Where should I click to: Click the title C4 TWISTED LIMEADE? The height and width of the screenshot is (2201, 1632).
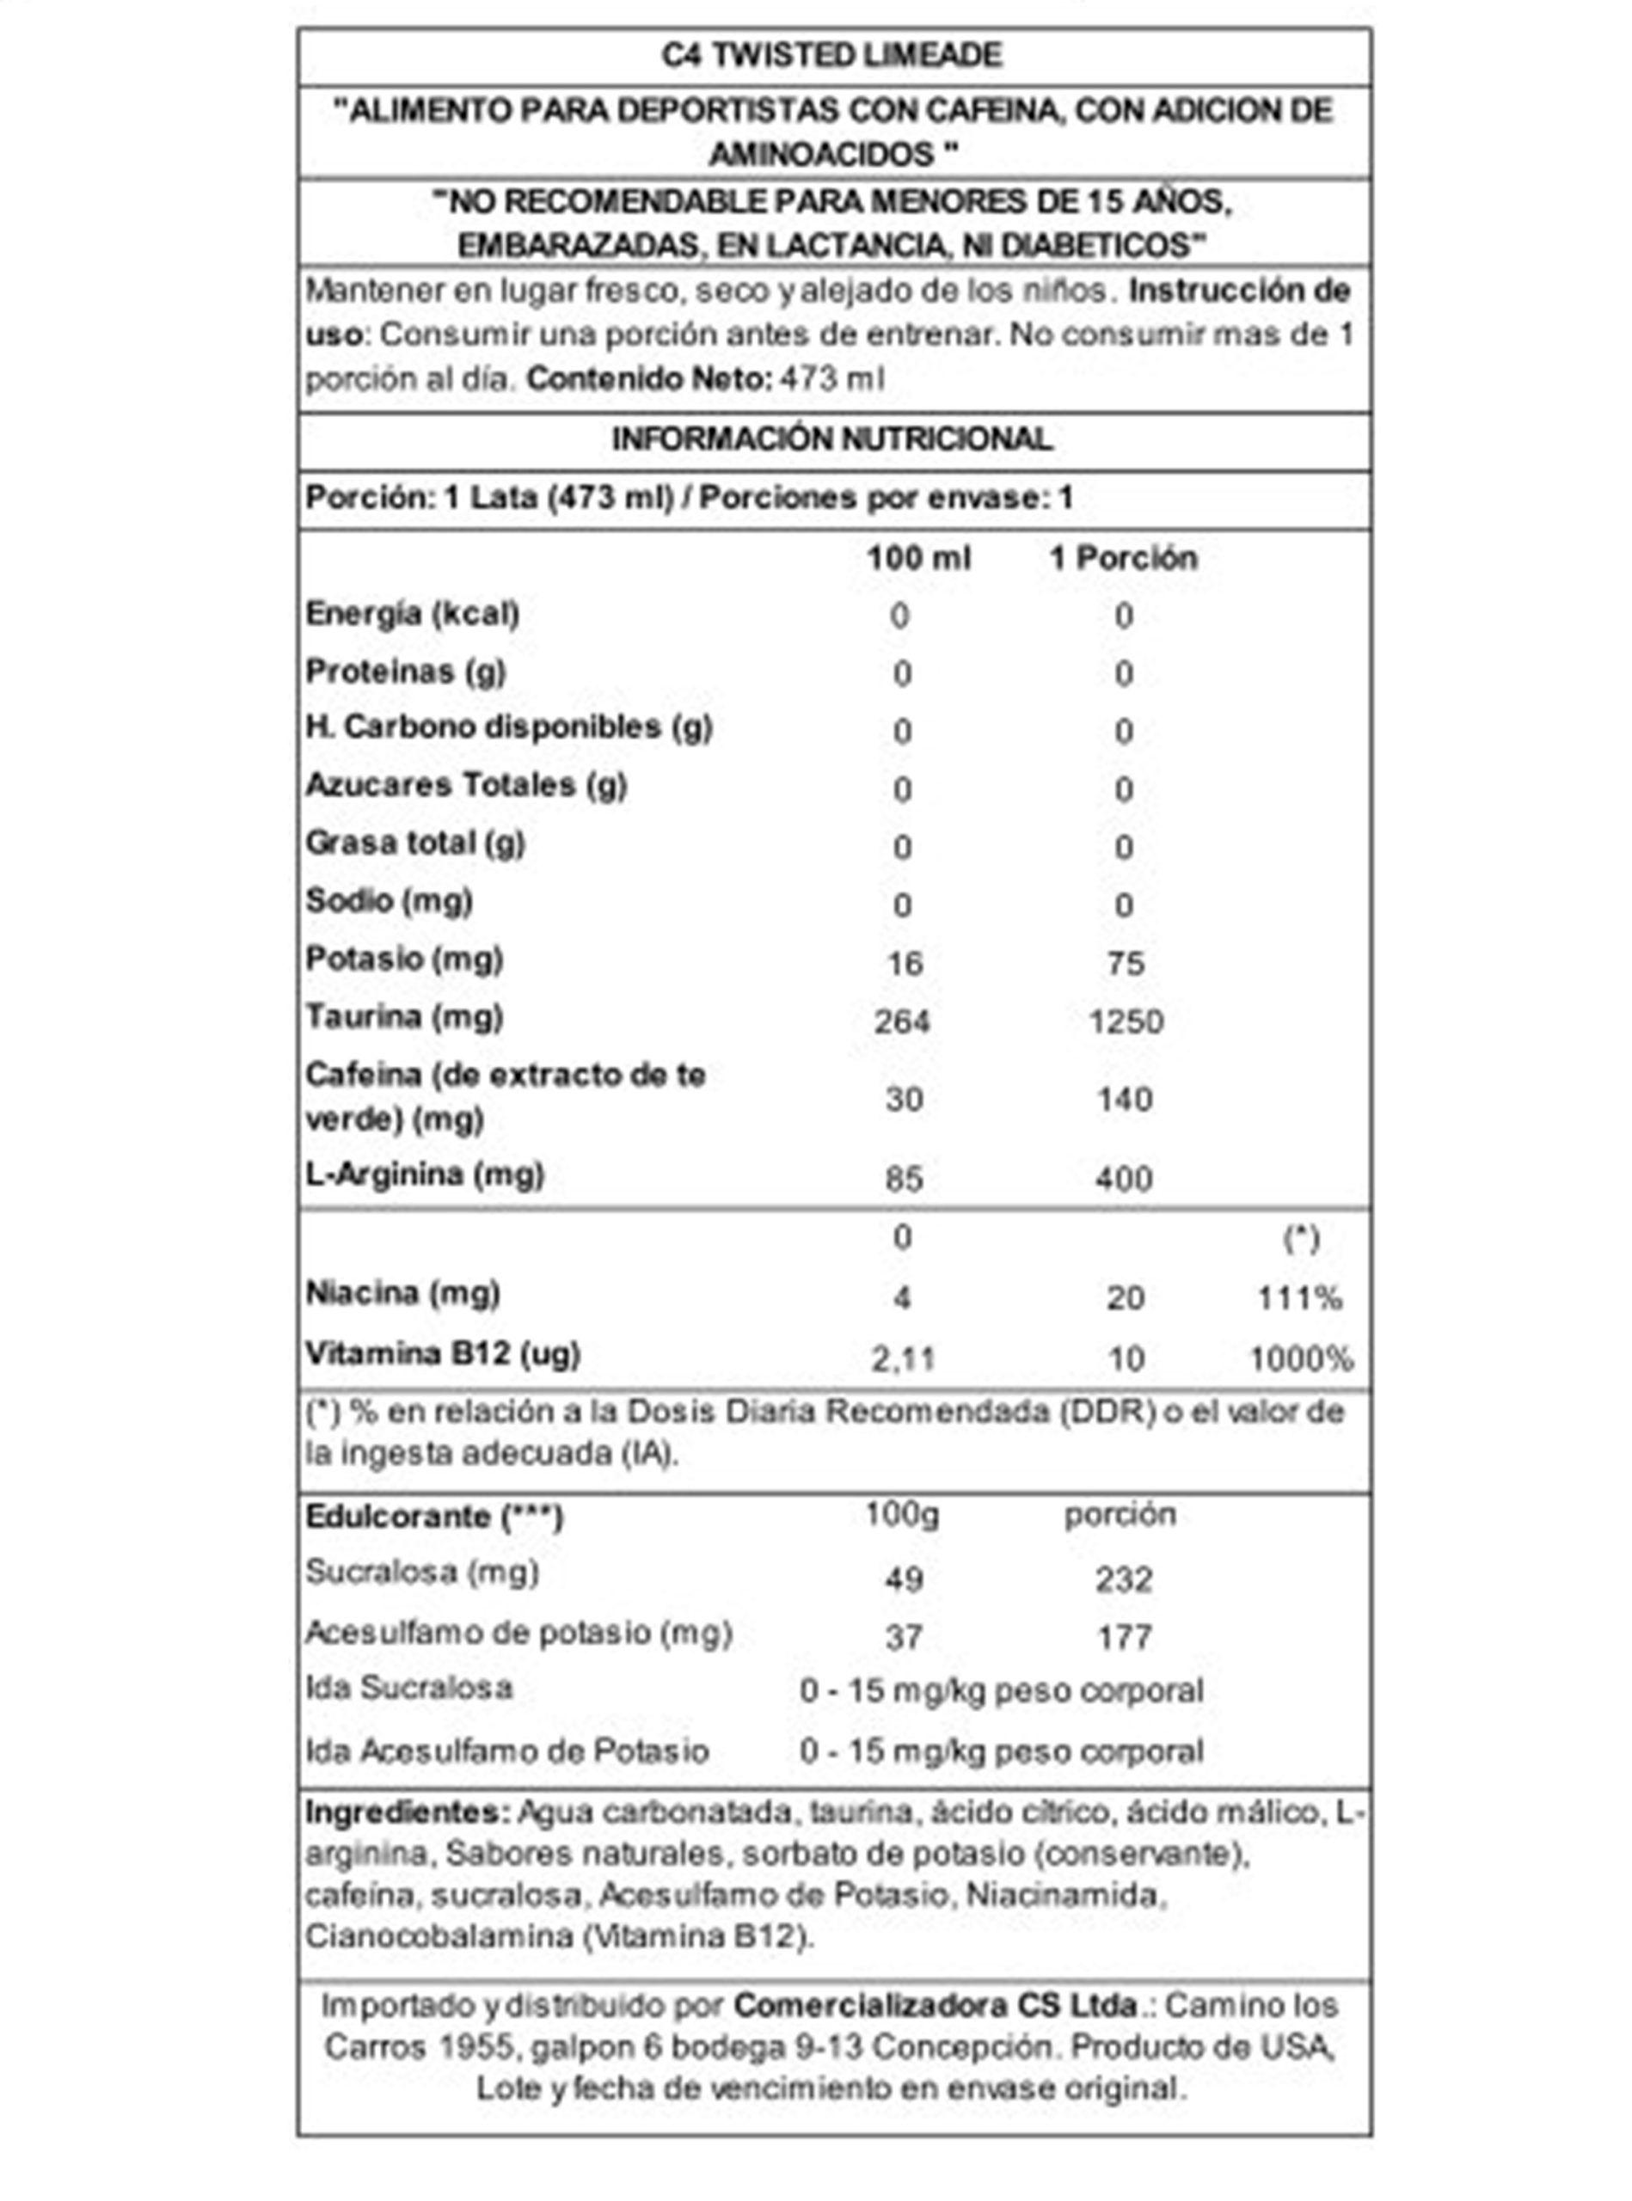point(831,55)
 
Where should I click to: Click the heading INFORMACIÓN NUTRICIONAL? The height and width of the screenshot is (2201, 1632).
point(831,438)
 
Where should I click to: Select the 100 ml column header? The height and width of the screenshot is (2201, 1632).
point(918,558)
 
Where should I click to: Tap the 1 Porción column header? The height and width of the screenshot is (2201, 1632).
point(1123,558)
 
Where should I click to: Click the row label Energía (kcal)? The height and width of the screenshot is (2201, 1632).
point(412,614)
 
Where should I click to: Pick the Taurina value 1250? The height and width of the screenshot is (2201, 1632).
point(1126,1021)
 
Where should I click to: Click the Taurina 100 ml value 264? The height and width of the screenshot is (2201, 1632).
point(902,1021)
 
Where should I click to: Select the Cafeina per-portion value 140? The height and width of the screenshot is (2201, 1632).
point(1124,1100)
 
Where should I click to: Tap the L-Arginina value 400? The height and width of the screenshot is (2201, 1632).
point(1124,1179)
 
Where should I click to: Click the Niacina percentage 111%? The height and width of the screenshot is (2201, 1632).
point(1299,1298)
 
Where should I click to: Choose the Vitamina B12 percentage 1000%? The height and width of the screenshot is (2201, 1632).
point(1301,1359)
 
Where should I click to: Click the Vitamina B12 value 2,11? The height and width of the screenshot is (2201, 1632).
point(903,1359)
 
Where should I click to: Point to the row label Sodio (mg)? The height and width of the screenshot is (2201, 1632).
point(390,901)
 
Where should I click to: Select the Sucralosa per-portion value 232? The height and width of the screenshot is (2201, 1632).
point(1124,1579)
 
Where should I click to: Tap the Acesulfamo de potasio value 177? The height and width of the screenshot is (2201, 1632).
point(1124,1638)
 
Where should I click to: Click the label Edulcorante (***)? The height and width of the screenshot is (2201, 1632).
point(433,1517)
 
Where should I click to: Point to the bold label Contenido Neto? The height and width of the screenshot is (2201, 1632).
point(648,378)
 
